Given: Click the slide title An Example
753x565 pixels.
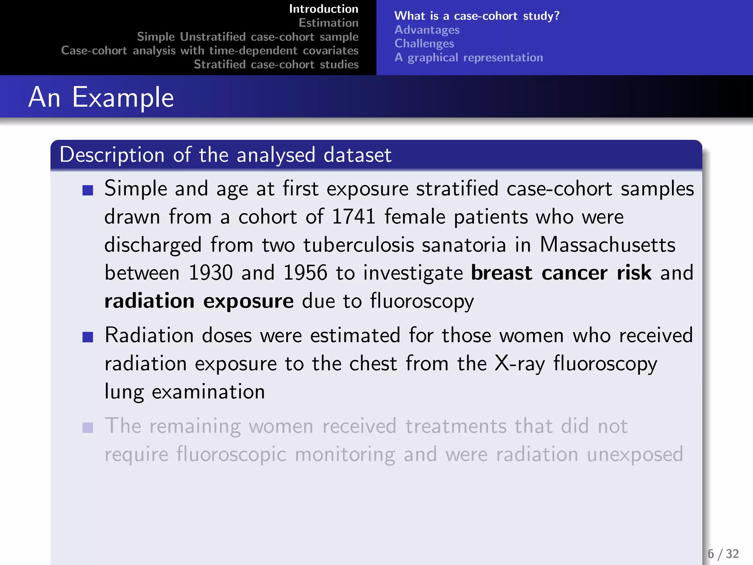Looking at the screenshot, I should pyautogui.click(x=101, y=97).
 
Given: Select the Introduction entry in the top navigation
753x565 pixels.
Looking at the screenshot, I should pyautogui.click(x=324, y=9).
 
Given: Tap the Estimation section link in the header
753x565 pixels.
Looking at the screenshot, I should pyautogui.click(x=328, y=23).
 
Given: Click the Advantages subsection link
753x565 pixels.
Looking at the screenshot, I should pyautogui.click(x=427, y=30).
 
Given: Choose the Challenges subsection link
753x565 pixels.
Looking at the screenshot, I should pyautogui.click(x=424, y=44).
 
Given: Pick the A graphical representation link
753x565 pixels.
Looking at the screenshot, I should pyautogui.click(x=469, y=58).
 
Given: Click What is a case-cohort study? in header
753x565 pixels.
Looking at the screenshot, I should pyautogui.click(x=477, y=16).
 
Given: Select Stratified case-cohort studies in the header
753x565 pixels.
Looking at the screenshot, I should pyautogui.click(x=276, y=65).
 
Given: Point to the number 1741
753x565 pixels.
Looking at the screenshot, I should pyautogui.click(x=353, y=217).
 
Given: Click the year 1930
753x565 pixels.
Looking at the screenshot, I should pyautogui.click(x=211, y=273).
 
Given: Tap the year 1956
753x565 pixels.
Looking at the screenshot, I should pyautogui.click(x=305, y=273).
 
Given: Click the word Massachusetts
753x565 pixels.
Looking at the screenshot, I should pyautogui.click(x=607, y=245).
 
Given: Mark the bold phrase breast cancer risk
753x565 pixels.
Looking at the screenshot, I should pyautogui.click(x=561, y=273).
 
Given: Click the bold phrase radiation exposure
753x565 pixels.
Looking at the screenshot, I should pyautogui.click(x=199, y=301).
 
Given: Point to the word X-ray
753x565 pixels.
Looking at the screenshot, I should pyautogui.click(x=520, y=364).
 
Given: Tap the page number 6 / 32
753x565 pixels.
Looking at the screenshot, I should pyautogui.click(x=723, y=554).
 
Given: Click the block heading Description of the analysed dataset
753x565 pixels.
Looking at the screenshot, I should pyautogui.click(x=225, y=155).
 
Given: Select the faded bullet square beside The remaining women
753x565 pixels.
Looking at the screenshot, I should pyautogui.click(x=88, y=428).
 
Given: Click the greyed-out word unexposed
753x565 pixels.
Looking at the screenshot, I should pyautogui.click(x=635, y=455).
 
